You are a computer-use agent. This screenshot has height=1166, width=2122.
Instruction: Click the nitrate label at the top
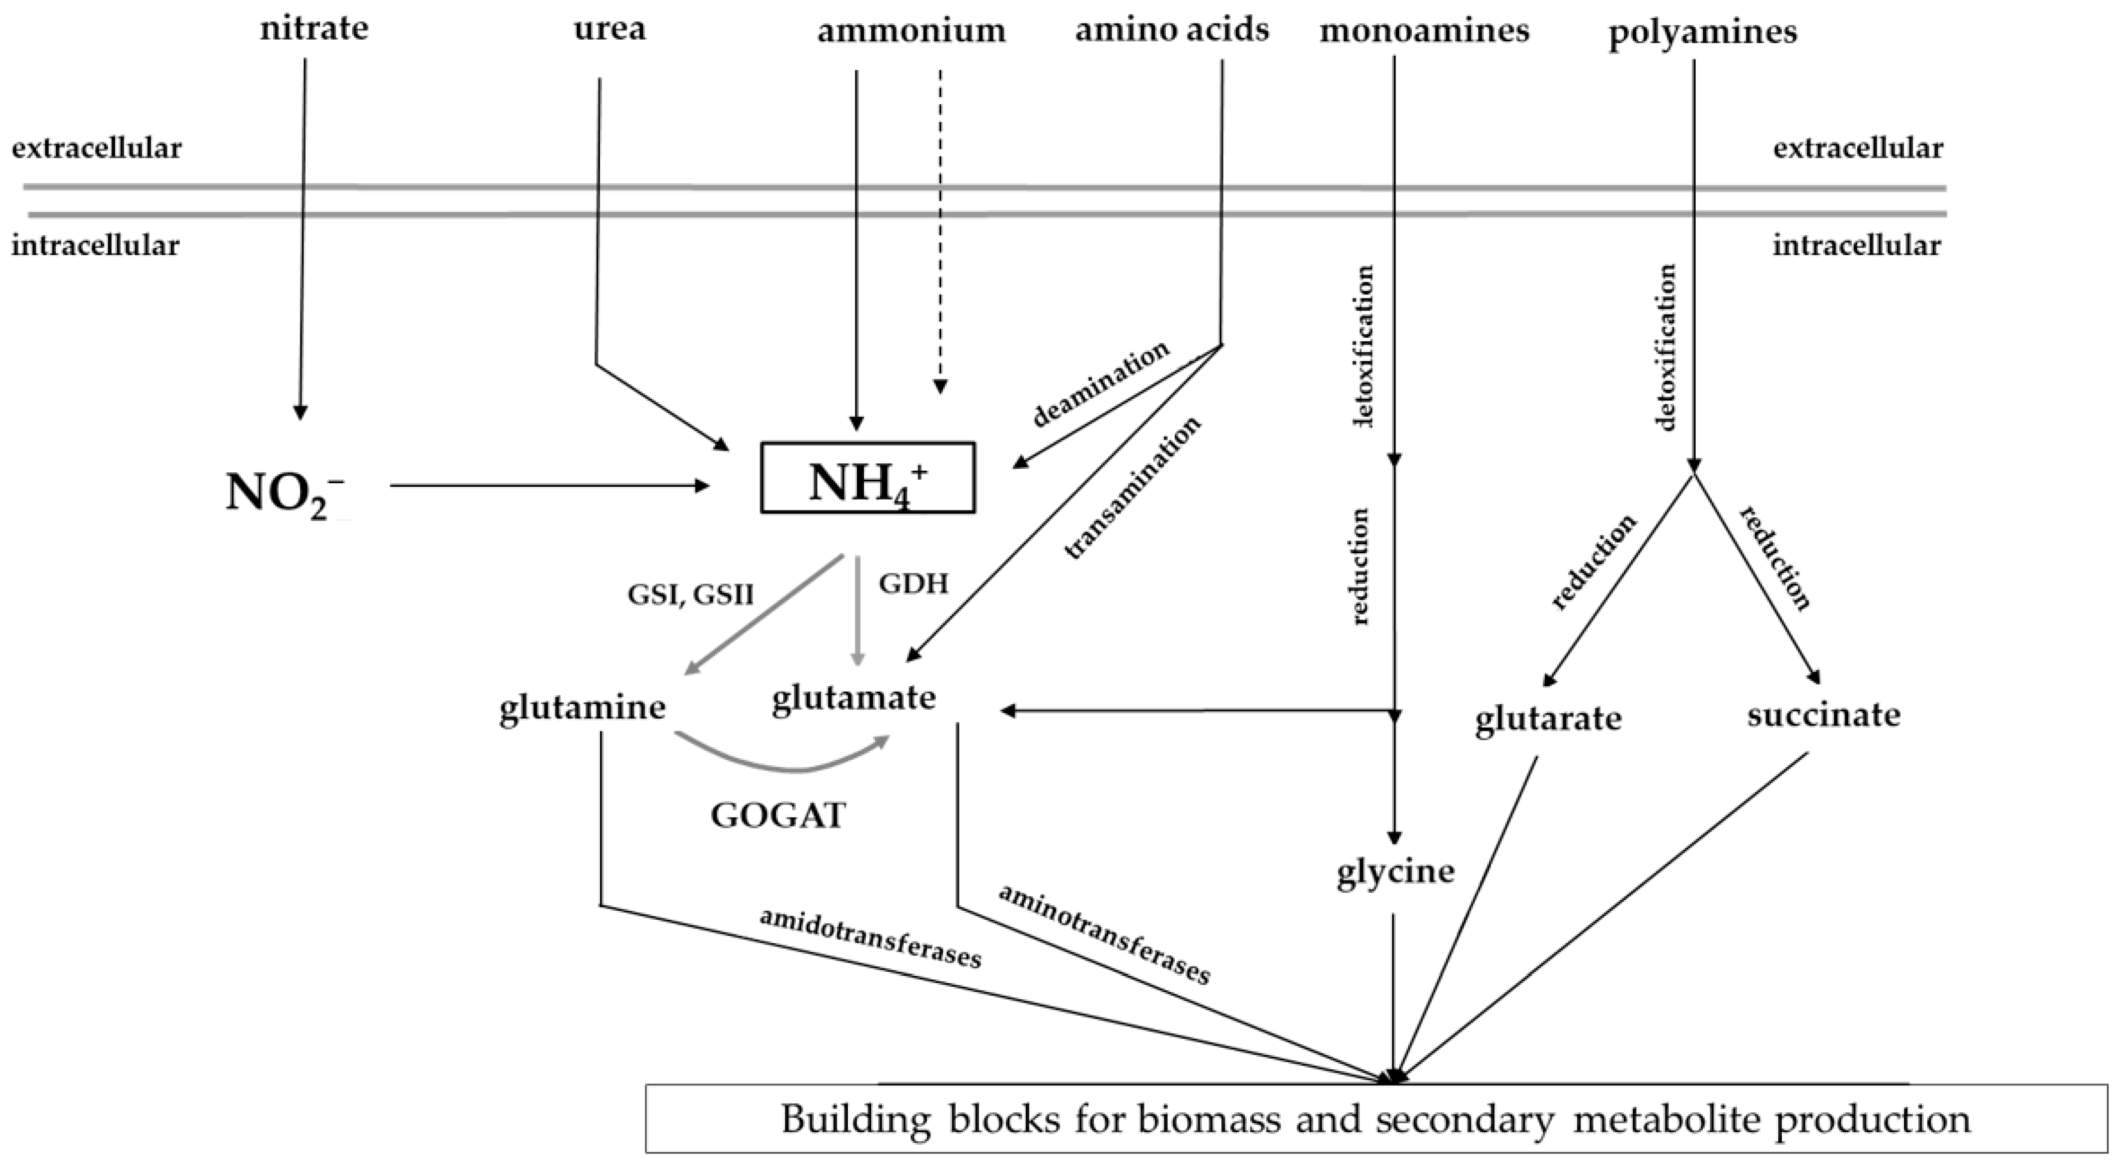[x=314, y=30]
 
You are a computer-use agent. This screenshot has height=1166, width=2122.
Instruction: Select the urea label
[x=609, y=30]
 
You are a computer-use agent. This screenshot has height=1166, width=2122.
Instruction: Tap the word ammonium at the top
[x=911, y=31]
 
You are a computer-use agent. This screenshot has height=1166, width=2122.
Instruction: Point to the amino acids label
[x=1172, y=30]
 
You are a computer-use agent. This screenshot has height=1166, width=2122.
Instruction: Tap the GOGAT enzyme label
[x=778, y=816]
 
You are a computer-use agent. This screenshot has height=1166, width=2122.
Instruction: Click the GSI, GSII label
[x=690, y=594]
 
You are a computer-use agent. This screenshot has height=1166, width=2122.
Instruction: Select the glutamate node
[x=853, y=698]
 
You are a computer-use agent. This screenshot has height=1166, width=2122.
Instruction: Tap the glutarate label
[x=1548, y=719]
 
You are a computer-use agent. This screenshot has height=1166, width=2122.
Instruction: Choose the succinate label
[x=1824, y=715]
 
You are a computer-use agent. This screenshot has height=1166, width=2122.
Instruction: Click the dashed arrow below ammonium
[x=940, y=230]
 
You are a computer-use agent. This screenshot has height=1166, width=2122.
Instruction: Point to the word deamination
[x=1101, y=384]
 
